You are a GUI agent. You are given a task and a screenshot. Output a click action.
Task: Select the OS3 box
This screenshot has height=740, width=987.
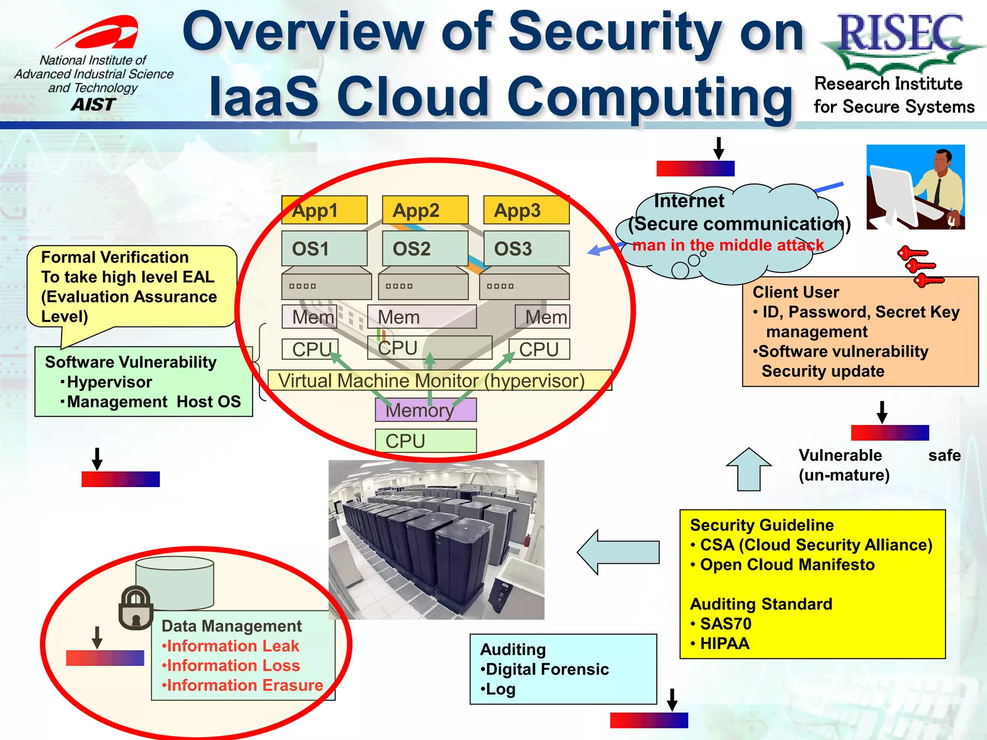pyautogui.click(x=526, y=249)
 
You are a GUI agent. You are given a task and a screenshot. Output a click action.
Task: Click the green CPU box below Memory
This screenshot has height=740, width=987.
pyautogui.click(x=426, y=441)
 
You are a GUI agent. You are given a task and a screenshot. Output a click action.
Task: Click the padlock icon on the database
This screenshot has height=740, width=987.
pyautogui.click(x=136, y=608)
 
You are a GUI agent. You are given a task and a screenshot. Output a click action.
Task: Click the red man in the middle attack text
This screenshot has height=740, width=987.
pyautogui.click(x=728, y=245)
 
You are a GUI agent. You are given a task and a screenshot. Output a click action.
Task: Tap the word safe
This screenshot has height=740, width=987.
pyautogui.click(x=944, y=455)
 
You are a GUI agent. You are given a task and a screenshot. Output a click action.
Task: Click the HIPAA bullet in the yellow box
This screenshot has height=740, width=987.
pyautogui.click(x=724, y=644)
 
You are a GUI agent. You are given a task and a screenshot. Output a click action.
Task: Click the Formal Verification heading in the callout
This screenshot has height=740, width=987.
pyautogui.click(x=115, y=257)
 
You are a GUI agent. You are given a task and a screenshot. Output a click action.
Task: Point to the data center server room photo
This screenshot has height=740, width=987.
pyautogui.click(x=436, y=540)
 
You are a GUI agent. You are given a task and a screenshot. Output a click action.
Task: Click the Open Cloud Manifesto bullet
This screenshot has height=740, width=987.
pyautogui.click(x=787, y=565)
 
